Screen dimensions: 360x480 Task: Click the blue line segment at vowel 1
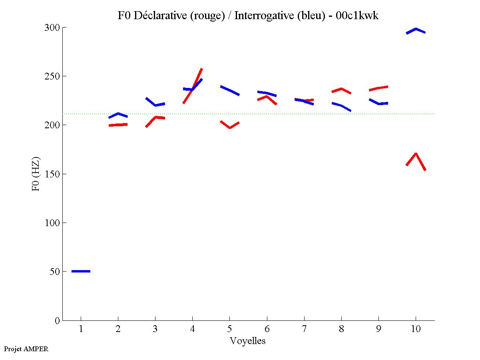[x=81, y=271]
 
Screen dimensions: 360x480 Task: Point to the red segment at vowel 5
[x=230, y=127]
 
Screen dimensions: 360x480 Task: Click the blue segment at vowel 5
[x=230, y=91]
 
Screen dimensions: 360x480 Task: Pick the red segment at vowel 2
[x=118, y=125]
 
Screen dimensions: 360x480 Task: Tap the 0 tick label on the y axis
[x=57, y=320]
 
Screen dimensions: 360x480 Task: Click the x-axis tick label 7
[x=304, y=330]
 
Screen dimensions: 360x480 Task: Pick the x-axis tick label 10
[x=416, y=330]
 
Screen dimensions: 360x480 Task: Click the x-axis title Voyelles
[x=248, y=341]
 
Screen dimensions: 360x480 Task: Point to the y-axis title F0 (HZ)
[x=36, y=173]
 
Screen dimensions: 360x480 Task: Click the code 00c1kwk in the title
[x=357, y=16]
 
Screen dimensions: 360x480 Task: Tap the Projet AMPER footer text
[x=26, y=349]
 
